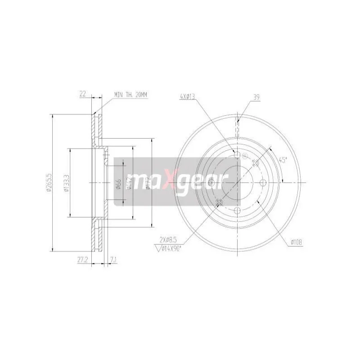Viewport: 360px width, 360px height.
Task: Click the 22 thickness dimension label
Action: tap(83, 94)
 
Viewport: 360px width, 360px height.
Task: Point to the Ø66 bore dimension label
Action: tap(118, 184)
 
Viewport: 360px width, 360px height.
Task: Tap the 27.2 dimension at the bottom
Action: tap(82, 260)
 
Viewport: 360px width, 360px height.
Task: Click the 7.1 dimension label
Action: tap(112, 260)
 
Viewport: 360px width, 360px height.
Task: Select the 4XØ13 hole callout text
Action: tap(188, 96)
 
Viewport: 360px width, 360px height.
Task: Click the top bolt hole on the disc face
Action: tap(238, 155)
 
